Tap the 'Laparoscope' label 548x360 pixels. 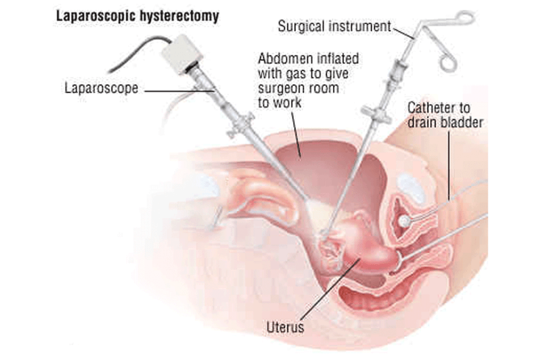click(x=101, y=89)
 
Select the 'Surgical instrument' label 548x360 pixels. click(x=334, y=26)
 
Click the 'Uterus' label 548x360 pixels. click(x=285, y=328)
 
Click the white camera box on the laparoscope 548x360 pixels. click(x=181, y=54)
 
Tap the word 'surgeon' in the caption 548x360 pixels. click(x=281, y=88)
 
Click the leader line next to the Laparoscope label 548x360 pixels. click(x=177, y=91)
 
